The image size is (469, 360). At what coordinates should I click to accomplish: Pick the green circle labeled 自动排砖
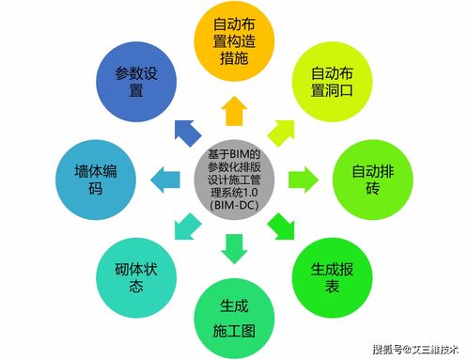tap(373, 174)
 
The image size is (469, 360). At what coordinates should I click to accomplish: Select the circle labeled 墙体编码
tap(95, 176)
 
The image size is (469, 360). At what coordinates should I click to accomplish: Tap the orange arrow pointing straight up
tap(233, 108)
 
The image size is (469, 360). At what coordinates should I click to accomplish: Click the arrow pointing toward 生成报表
tap(281, 225)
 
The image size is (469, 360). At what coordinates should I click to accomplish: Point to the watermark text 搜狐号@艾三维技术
tap(415, 349)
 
